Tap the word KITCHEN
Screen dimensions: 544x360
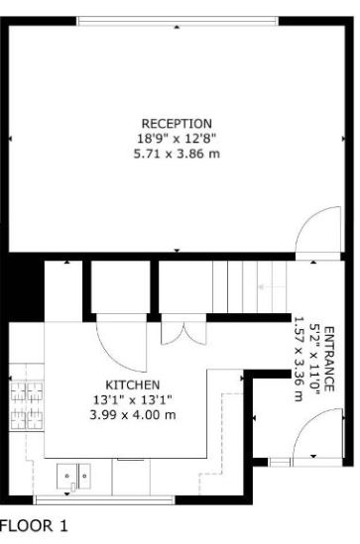(133, 384)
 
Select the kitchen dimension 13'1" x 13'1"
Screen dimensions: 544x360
(133, 399)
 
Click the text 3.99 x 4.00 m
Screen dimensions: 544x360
(133, 414)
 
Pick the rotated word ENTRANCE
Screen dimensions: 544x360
(329, 363)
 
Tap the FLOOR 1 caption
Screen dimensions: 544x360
(34, 526)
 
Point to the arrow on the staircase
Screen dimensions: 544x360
(266, 287)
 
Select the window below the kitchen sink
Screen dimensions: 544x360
(74, 498)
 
